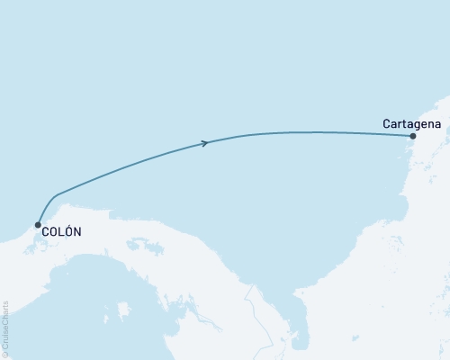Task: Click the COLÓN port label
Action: [61, 232]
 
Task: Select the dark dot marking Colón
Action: [38, 225]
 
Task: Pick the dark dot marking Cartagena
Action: [412, 137]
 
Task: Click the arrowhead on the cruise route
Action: [205, 142]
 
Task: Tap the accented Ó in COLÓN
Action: [68, 231]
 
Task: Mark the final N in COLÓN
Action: [77, 232]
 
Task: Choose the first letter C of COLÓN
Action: [45, 232]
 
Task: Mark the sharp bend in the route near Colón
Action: [56, 195]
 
